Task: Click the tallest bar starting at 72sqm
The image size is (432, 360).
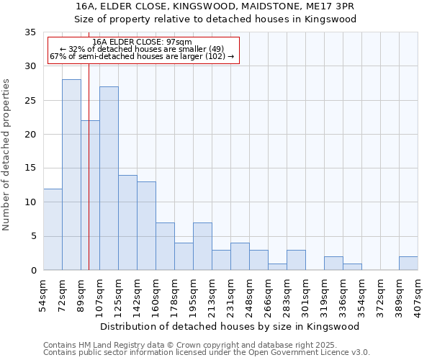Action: [x=71, y=175]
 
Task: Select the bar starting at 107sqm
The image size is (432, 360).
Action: [x=109, y=179]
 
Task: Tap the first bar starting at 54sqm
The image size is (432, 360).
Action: [x=53, y=229]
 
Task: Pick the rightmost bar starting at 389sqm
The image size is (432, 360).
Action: [x=408, y=264]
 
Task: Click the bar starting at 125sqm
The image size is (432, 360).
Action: [x=127, y=222]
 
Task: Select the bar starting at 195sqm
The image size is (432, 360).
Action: [x=202, y=246]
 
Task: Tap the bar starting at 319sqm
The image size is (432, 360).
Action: [x=333, y=264]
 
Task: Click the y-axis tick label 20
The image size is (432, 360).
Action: [x=30, y=135]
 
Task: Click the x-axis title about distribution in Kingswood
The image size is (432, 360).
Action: [x=230, y=326]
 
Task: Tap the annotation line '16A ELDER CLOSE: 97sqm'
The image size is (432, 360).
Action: [x=143, y=42]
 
